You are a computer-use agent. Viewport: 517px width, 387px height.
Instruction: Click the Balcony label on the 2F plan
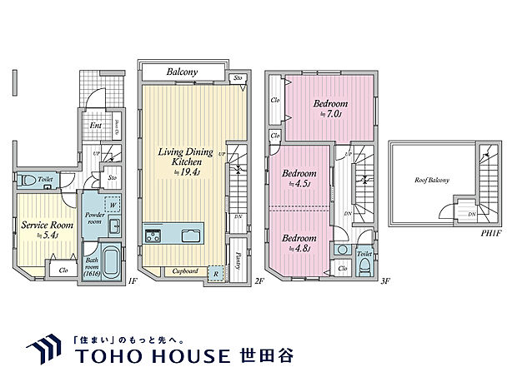pyautogui.click(x=181, y=72)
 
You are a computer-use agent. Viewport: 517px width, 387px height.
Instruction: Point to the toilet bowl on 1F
pyautogui.click(x=24, y=179)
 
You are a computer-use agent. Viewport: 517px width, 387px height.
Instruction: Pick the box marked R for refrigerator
pyautogui.click(x=215, y=271)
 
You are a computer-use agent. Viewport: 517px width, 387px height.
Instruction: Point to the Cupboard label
pyautogui.click(x=184, y=271)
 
